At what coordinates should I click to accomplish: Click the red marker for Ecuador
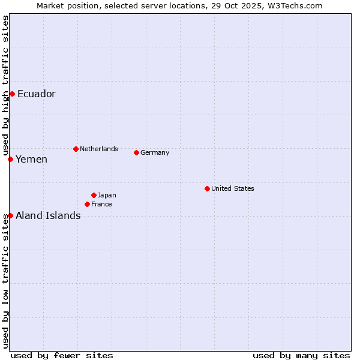12,94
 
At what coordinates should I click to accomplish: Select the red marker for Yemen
10,159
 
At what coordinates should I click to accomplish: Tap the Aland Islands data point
10,215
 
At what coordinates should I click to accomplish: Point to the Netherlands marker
76,149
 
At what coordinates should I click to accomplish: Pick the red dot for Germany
136,152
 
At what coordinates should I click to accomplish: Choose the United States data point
207,188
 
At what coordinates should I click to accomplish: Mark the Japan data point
94,195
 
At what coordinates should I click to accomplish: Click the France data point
87,204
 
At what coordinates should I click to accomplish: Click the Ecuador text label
37,94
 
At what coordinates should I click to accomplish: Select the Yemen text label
32,159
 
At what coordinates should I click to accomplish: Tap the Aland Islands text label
48,215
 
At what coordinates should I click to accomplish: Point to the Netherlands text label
99,149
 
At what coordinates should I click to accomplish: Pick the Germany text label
155,152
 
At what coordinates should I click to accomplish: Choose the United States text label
233,188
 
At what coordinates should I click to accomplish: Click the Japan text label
107,195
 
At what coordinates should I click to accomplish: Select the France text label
101,204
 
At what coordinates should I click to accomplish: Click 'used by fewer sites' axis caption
62,355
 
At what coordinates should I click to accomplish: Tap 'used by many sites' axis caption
301,355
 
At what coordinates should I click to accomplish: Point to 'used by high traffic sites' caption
5,84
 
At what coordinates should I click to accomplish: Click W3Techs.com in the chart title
296,5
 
